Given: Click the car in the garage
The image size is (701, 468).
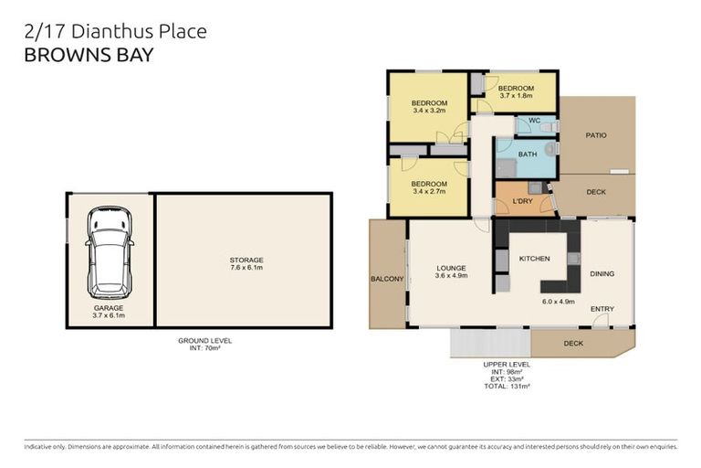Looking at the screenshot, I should pos(109,251).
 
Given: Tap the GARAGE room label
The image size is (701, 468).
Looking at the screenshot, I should pos(109,308).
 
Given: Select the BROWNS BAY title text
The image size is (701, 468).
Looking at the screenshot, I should pos(89,55).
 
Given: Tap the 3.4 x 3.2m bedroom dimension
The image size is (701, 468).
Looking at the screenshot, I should pos(429,111).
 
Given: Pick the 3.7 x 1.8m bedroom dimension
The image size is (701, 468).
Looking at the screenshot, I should pos(516,95).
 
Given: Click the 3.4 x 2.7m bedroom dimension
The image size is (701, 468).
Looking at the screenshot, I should pos(429,192).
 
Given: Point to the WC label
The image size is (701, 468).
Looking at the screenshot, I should pos(535,121).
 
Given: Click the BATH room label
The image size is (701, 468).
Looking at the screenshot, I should pos(528,154).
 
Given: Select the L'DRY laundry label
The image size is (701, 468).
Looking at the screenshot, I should pos(523,200).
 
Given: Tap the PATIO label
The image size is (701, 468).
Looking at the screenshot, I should pos(595,135).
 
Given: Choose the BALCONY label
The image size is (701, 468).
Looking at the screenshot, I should pos(387,279).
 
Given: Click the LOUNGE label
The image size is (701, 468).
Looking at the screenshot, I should pos(451,267).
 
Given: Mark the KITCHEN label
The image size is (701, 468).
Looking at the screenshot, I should pos(534,259).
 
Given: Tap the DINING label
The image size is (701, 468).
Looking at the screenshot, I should pos(602,273).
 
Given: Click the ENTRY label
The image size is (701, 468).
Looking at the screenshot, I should pos(602,309).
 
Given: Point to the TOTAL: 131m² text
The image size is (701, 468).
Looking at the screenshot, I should pos(507,387).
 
